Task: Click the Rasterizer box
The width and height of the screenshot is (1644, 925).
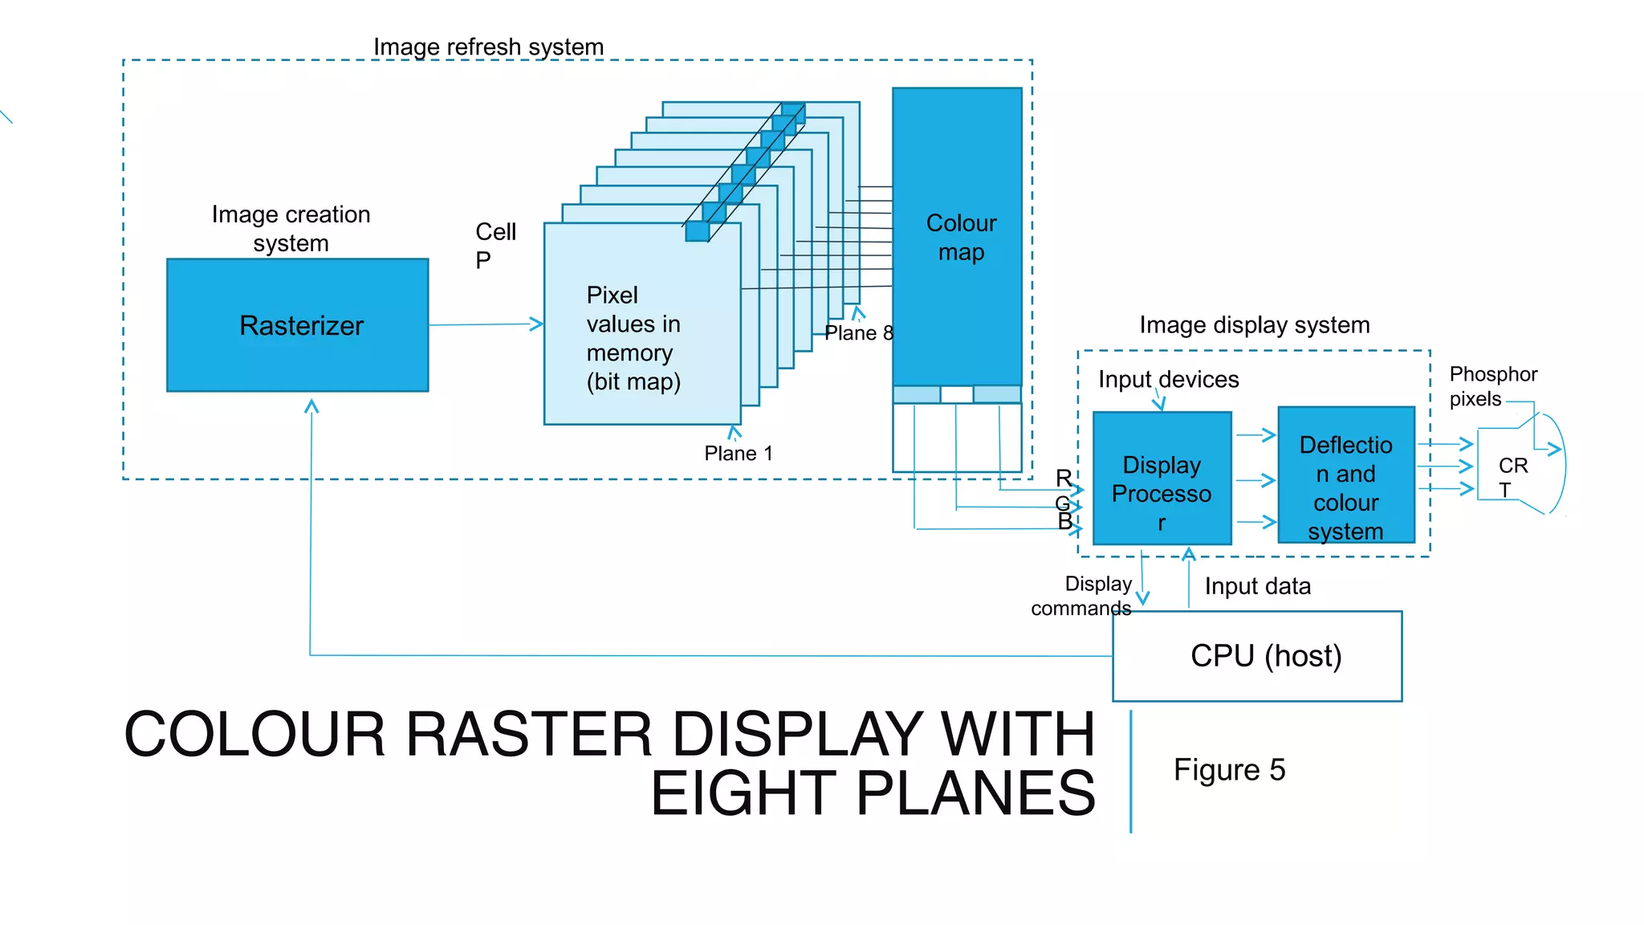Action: [x=297, y=325]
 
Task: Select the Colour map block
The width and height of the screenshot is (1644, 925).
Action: [x=957, y=237]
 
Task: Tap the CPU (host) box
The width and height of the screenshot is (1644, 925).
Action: [x=1257, y=656]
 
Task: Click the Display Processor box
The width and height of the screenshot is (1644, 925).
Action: [x=1162, y=479]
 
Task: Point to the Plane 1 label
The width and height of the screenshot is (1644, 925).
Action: [x=738, y=454]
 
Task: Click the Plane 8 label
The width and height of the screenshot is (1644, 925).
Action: [x=858, y=333]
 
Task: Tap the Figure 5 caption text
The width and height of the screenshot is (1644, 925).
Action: [x=1229, y=770]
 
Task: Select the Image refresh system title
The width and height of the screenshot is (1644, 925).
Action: [x=488, y=47]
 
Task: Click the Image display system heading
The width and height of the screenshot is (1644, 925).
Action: [x=1254, y=325]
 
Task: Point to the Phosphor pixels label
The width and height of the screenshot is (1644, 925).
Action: [x=1491, y=386]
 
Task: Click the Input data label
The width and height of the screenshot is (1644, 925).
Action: [x=1257, y=586]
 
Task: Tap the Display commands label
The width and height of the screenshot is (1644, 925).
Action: [x=1082, y=596]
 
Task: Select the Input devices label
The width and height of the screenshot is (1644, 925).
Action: [x=1168, y=379]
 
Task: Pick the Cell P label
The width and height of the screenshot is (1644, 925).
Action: [x=494, y=246]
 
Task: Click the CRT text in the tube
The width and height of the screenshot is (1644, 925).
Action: [x=1512, y=477]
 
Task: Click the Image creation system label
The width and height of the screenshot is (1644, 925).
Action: [x=291, y=229]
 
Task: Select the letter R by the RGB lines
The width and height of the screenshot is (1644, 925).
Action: [x=1063, y=479]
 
